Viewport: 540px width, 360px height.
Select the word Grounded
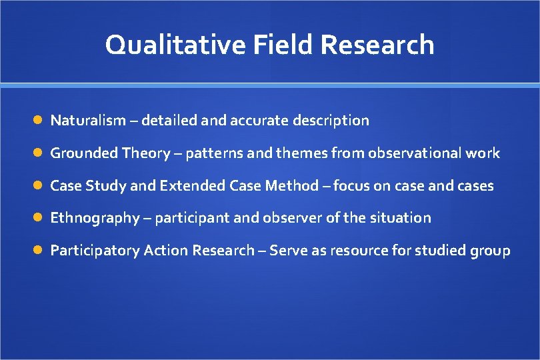click(85, 153)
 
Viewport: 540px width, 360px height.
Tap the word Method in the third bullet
click(292, 186)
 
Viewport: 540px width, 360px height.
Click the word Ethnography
click(95, 218)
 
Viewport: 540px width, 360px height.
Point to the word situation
click(402, 218)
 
